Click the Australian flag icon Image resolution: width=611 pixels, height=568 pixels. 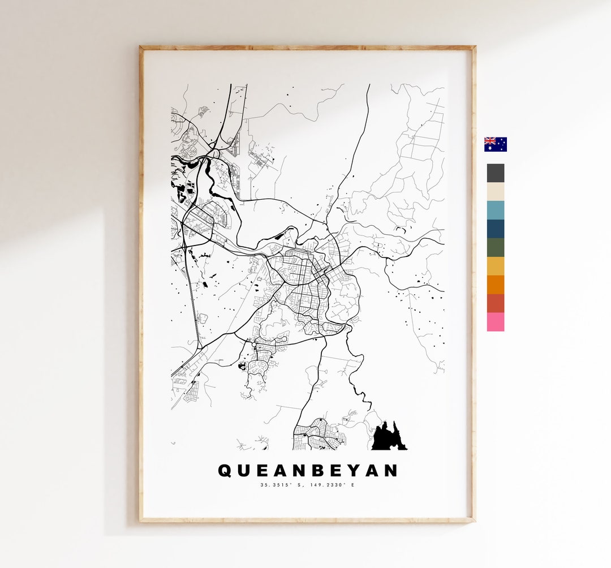tap(495, 144)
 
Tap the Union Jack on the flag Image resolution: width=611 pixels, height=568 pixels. tap(489, 141)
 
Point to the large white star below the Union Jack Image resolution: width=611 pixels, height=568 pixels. tap(489, 148)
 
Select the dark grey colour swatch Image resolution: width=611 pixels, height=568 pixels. tap(495, 173)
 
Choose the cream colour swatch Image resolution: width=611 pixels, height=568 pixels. tap(495, 192)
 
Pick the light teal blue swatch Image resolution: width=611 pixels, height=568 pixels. tap(495, 210)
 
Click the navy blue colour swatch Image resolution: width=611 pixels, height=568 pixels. tap(495, 229)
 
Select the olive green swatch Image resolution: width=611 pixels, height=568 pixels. tap(495, 247)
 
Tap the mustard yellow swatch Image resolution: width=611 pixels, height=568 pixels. tap(495, 266)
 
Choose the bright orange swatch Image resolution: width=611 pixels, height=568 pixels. tap(495, 285)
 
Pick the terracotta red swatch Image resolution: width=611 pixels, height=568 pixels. tap(495, 303)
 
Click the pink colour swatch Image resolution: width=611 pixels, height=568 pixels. tap(495, 322)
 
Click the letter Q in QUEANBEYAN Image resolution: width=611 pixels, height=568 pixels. tap(225, 471)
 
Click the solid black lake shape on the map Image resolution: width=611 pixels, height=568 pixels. tap(388, 438)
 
